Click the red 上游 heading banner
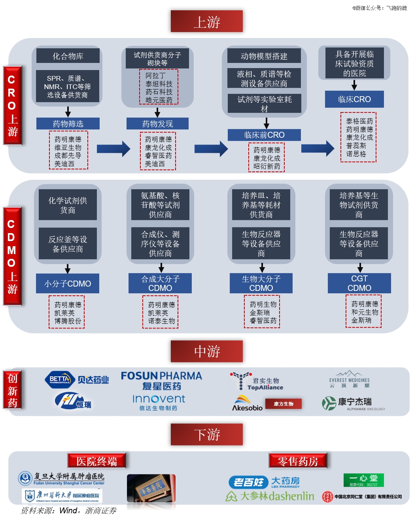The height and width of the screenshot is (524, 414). (x=206, y=21)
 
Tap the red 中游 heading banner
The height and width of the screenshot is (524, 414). (x=206, y=351)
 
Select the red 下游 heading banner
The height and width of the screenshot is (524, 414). (x=206, y=435)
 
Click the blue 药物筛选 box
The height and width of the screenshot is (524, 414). (x=68, y=124)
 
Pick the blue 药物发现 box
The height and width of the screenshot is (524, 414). (x=157, y=124)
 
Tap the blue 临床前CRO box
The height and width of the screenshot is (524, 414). (x=264, y=135)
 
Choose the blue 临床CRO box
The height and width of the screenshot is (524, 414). (x=354, y=99)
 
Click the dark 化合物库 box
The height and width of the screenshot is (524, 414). (x=68, y=56)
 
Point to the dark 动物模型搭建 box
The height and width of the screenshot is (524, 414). (x=264, y=56)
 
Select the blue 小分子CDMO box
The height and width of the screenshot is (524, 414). (x=68, y=283)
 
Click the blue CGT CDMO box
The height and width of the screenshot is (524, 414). (x=359, y=283)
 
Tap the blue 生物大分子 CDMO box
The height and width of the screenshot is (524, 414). (x=261, y=283)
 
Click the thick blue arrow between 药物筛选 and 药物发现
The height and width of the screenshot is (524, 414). (x=113, y=149)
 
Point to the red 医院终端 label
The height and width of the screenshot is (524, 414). (x=96, y=461)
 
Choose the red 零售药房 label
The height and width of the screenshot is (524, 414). (x=298, y=461)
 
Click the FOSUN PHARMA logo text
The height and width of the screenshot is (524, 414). (x=161, y=376)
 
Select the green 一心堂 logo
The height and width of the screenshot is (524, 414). (x=363, y=480)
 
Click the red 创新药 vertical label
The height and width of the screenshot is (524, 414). (x=12, y=391)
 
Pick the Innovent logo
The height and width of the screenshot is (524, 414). (x=159, y=399)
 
